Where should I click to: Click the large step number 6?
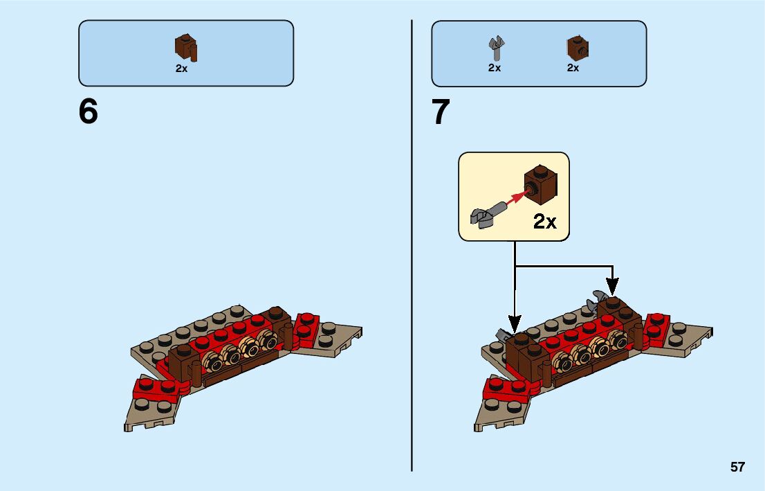89,112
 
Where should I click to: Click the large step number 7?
441,112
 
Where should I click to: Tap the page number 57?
737,467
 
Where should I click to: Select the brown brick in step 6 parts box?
185,47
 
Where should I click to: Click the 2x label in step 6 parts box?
181,69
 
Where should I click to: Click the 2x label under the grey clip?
495,68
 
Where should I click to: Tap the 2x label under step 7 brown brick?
573,68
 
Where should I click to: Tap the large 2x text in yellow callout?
544,222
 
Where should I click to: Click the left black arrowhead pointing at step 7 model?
514,323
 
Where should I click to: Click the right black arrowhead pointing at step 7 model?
613,284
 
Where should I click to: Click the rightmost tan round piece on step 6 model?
266,339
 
